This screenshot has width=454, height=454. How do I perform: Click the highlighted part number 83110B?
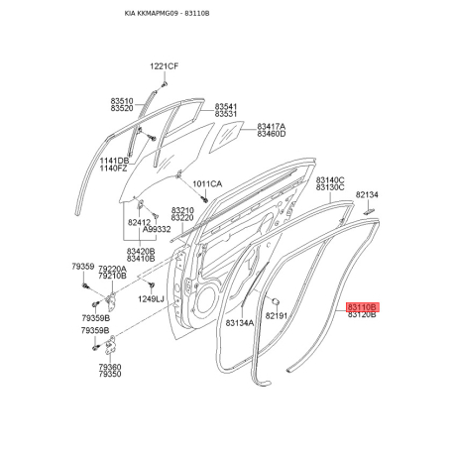[x=363, y=307]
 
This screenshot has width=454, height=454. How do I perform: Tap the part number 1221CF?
[x=164, y=66]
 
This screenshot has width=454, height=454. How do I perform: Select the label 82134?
[x=367, y=195]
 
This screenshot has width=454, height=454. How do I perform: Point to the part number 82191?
[x=277, y=316]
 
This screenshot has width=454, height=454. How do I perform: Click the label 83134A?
[x=240, y=323]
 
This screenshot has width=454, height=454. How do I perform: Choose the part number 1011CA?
[x=207, y=184]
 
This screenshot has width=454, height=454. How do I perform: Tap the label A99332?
[x=157, y=229]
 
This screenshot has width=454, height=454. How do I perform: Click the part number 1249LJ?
[x=151, y=299]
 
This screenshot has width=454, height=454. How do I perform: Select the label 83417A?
[x=272, y=127]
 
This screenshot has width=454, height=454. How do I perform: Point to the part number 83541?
[x=226, y=107]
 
